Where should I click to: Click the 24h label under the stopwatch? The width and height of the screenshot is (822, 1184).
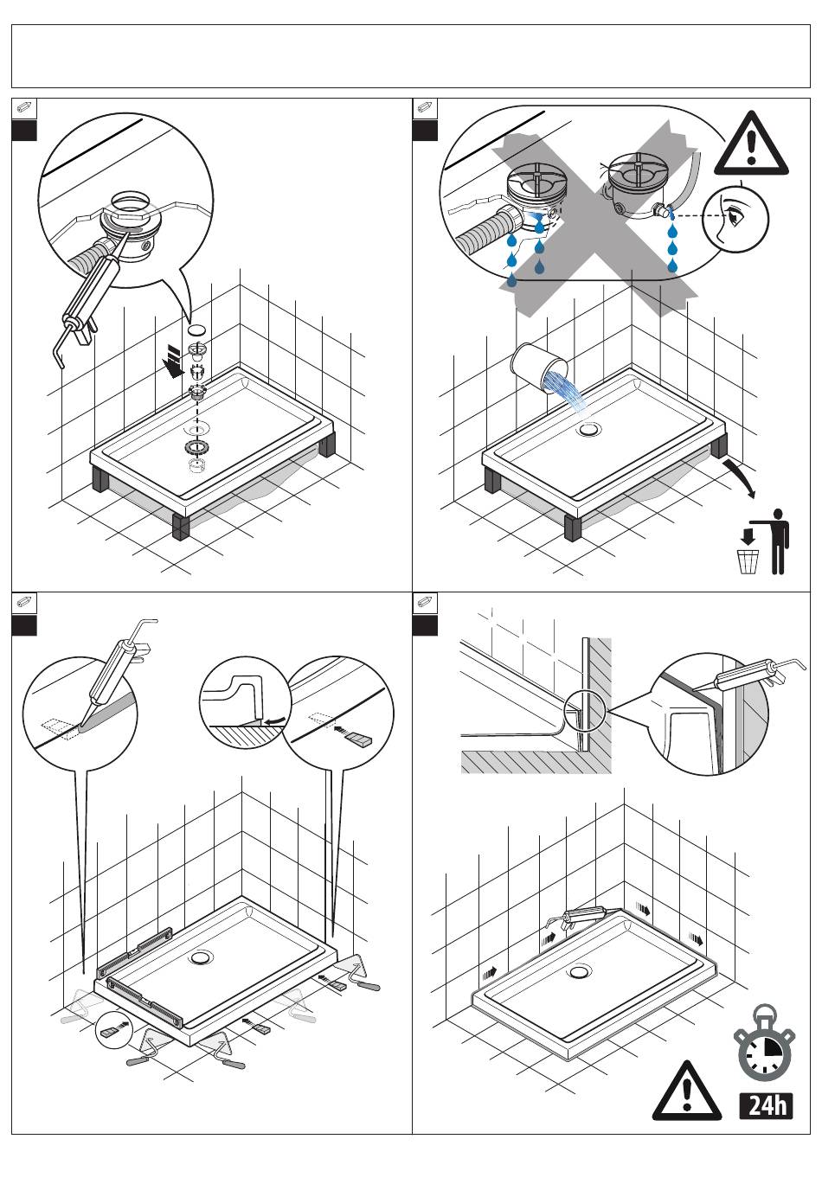pyautogui.click(x=767, y=1106)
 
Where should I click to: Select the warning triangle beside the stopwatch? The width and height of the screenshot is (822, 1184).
pyautogui.click(x=686, y=1092)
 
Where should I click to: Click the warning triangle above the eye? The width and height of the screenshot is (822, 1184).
pyautogui.click(x=751, y=144)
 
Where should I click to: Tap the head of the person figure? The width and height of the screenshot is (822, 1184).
pyautogui.click(x=781, y=515)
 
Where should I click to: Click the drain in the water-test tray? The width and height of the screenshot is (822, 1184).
pyautogui.click(x=591, y=428)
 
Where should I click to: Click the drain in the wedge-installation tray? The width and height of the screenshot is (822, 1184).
pyautogui.click(x=202, y=957)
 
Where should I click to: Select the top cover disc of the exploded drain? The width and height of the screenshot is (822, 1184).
pyautogui.click(x=197, y=330)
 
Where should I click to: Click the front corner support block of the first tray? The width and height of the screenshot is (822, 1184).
pyautogui.click(x=181, y=527)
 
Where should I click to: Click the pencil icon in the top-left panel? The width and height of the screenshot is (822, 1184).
pyautogui.click(x=24, y=108)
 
